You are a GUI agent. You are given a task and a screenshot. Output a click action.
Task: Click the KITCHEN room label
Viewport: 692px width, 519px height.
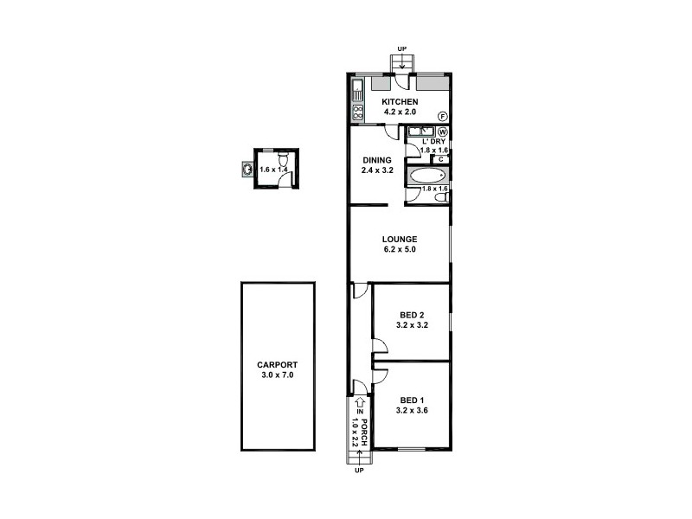(400, 102)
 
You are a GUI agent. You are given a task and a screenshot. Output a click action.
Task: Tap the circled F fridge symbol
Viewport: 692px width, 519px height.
(441, 116)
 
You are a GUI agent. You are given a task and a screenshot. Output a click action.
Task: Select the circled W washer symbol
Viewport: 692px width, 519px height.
(441, 131)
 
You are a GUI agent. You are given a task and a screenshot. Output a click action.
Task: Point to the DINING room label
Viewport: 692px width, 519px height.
(377, 160)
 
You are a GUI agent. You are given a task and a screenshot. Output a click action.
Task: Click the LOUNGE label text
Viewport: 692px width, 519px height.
(400, 240)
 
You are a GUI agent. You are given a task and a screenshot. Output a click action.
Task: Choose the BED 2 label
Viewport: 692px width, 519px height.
(410, 315)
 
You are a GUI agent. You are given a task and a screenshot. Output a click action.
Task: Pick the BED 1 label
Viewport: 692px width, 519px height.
(410, 400)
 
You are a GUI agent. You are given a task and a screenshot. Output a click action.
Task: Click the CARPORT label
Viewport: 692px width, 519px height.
(278, 365)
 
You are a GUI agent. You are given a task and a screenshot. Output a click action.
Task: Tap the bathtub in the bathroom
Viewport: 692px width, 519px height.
(425, 176)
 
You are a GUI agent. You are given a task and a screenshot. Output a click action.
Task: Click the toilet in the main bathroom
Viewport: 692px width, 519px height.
(441, 198)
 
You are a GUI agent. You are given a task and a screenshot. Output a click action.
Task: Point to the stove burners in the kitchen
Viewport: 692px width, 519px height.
(357, 111)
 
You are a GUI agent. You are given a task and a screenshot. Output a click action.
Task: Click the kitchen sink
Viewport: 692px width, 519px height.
(357, 87)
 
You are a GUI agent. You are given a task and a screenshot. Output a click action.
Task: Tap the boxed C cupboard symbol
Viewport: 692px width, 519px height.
(441, 158)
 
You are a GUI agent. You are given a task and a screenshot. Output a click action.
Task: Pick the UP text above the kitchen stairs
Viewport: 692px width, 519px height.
(400, 48)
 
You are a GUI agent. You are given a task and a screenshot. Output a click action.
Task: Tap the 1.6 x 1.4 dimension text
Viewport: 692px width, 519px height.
(273, 170)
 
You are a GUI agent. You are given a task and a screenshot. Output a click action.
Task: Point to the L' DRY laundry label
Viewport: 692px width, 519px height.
(432, 141)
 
